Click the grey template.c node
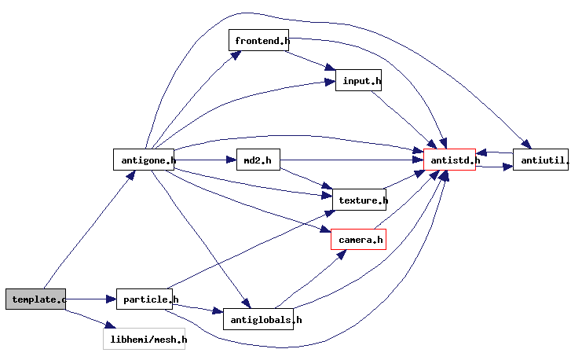[x=35, y=299]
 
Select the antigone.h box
[x=144, y=160]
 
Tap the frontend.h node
[x=258, y=40]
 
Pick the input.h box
[x=358, y=80]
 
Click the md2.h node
[x=258, y=160]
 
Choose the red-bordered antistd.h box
[x=450, y=160]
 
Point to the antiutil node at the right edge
[x=541, y=160]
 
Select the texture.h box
[x=359, y=200]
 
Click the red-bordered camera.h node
[x=358, y=240]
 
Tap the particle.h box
[x=145, y=299]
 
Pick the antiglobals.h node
[x=258, y=319]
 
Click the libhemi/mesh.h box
[x=145, y=339]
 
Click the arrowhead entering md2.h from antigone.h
[x=232, y=160]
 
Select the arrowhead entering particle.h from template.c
[x=112, y=299]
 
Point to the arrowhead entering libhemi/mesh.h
[x=110, y=325]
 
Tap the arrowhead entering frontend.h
[x=236, y=55]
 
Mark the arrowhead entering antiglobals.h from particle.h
[x=218, y=310]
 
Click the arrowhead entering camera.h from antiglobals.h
[x=341, y=255]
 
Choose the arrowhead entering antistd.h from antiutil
[x=481, y=152]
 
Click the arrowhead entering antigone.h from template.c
[x=130, y=175]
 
